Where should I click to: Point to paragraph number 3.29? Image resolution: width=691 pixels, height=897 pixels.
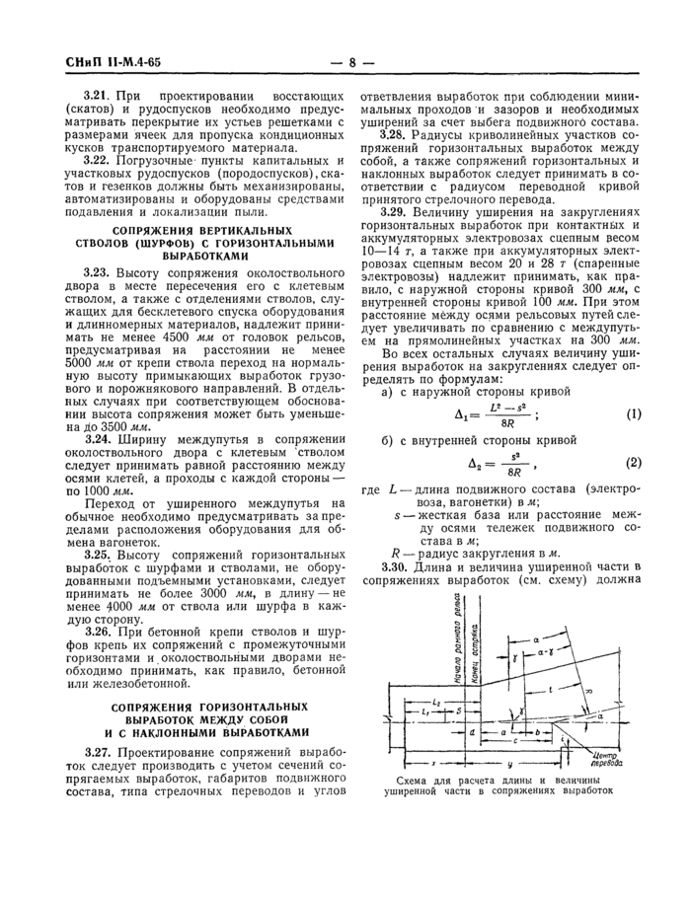coord(398,211)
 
